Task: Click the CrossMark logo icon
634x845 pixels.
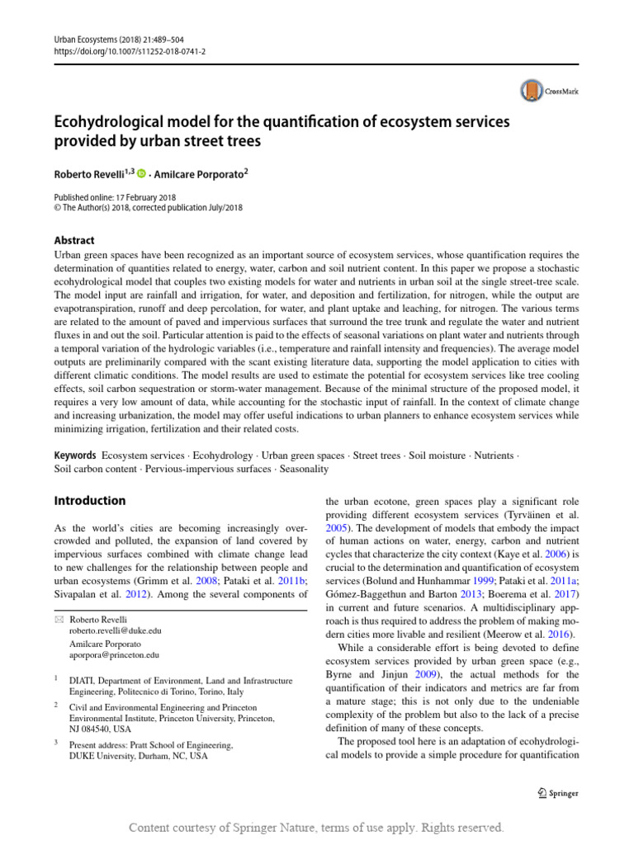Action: coord(532,92)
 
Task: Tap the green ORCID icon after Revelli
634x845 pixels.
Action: coord(141,173)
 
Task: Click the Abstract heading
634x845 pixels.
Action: coord(74,240)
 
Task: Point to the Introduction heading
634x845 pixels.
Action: coord(90,500)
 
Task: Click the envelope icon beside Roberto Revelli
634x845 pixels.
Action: coord(58,619)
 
